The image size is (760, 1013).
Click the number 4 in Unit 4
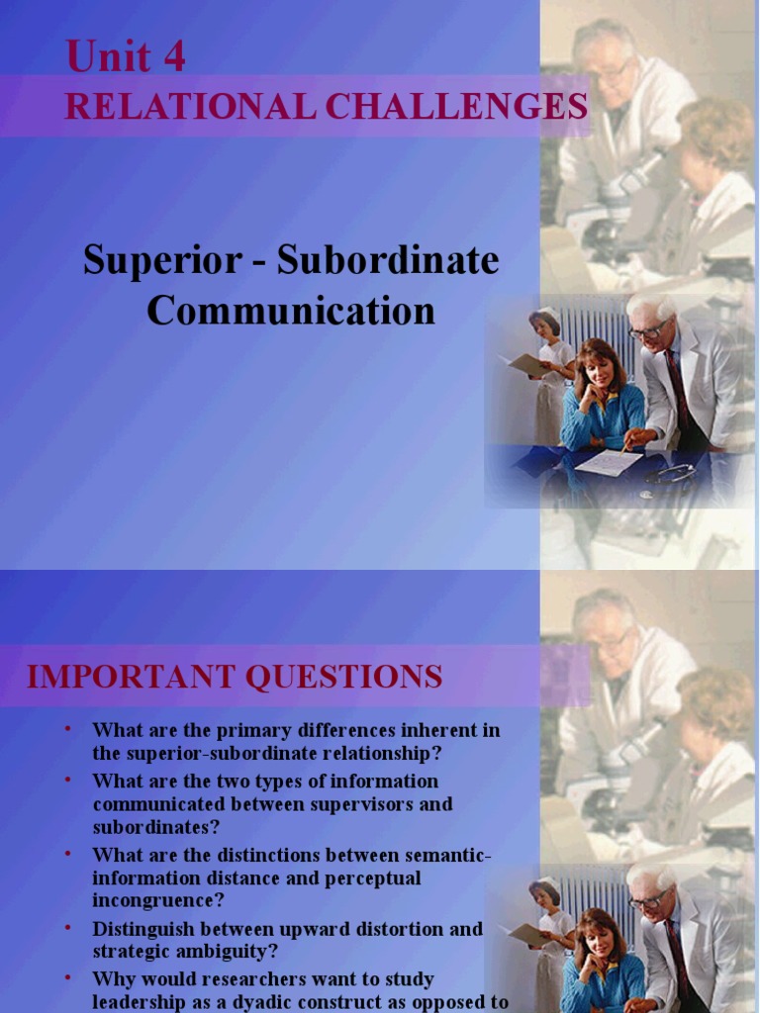click(x=173, y=56)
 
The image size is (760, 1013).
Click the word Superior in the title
click(x=162, y=261)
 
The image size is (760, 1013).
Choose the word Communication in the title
click(x=291, y=311)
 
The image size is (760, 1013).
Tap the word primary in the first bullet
click(x=211, y=730)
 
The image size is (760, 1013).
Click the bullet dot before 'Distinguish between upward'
click(x=68, y=927)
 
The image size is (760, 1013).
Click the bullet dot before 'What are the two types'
click(x=68, y=779)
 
